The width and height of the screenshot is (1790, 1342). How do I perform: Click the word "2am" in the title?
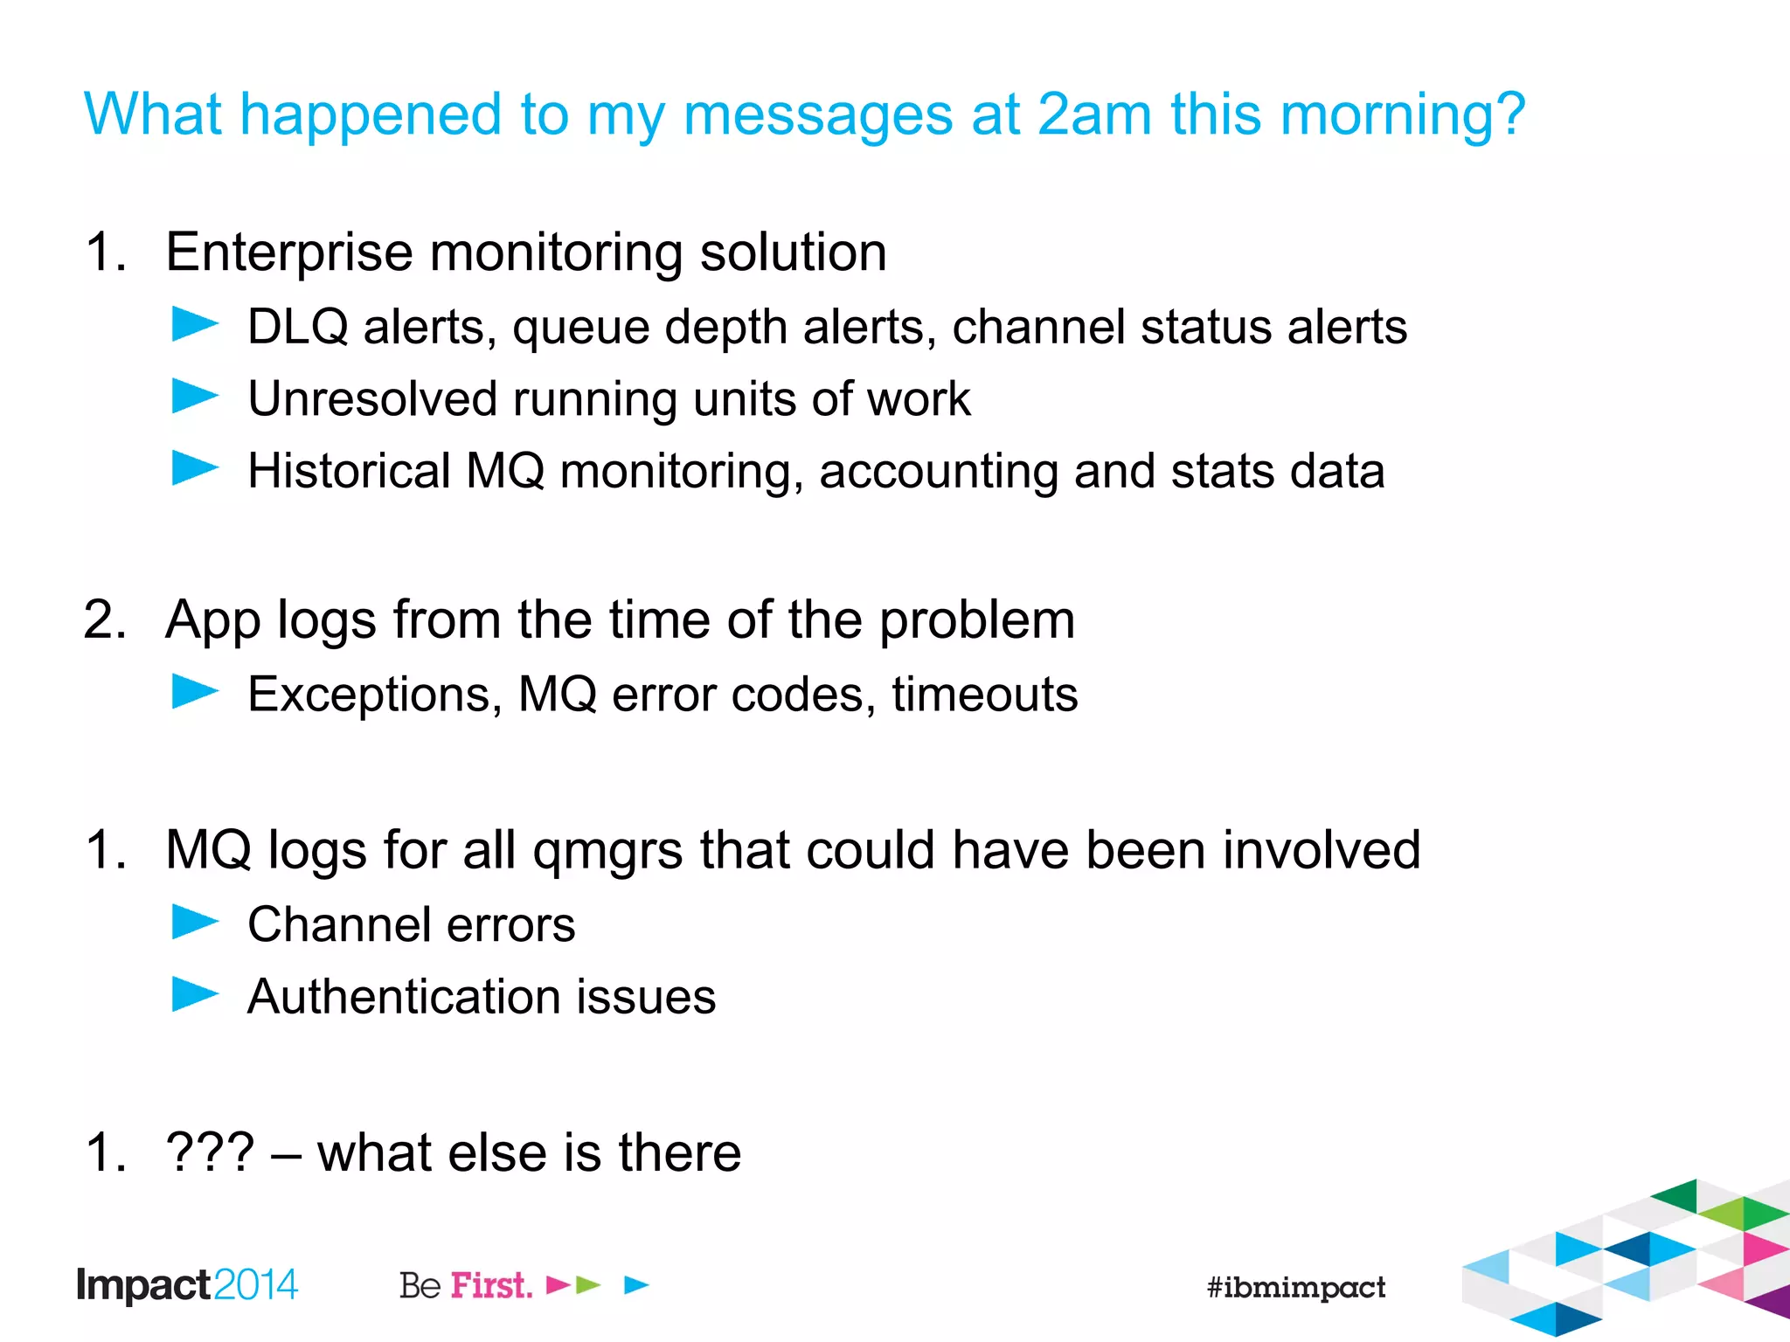click(x=1095, y=114)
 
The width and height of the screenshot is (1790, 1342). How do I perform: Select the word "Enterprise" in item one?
click(x=289, y=253)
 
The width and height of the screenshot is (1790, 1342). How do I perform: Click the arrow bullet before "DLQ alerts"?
click(x=195, y=324)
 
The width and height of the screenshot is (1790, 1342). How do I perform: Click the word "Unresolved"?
click(x=372, y=399)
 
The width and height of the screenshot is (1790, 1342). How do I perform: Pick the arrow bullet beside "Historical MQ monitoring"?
click(x=195, y=468)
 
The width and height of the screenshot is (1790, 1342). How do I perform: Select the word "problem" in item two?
click(x=976, y=620)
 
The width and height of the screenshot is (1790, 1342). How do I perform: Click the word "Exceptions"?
click(x=375, y=695)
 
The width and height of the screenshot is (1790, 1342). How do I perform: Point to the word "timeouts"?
click(x=984, y=695)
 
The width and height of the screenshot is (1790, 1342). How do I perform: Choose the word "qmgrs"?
click(x=607, y=851)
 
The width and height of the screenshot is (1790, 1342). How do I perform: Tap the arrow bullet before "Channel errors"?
click(x=195, y=923)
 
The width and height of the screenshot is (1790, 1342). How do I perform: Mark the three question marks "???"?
click(x=210, y=1152)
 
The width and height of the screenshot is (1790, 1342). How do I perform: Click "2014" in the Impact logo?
click(x=255, y=1285)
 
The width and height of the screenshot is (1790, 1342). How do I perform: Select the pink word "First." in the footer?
click(x=491, y=1285)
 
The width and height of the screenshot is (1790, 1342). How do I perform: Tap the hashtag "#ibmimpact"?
click(x=1295, y=1287)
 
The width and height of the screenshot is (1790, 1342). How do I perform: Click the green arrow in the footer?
click(x=588, y=1285)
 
